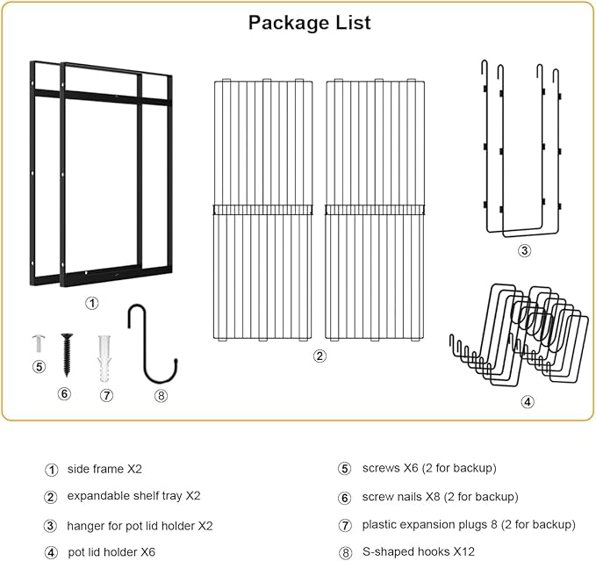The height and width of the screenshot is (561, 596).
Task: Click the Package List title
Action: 309,23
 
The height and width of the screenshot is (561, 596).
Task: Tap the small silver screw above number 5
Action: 38,341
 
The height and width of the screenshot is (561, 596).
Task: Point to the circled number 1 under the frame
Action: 92,304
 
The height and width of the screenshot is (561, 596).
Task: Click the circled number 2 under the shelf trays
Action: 320,356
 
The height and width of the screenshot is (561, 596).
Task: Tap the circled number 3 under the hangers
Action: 524,250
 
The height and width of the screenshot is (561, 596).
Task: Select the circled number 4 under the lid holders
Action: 527,402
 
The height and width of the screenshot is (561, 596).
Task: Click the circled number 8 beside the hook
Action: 161,395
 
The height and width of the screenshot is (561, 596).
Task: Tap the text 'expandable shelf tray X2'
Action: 133,496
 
